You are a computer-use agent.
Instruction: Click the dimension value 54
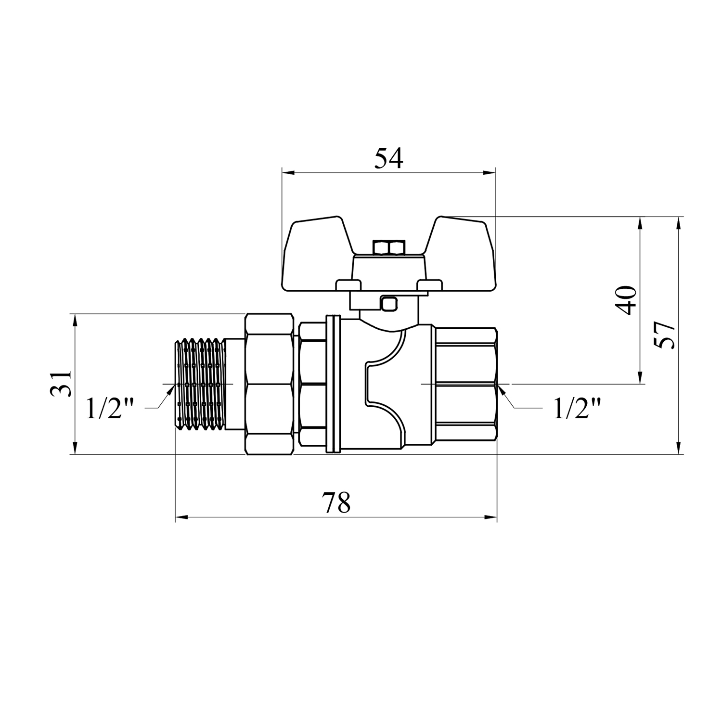[x=388, y=158]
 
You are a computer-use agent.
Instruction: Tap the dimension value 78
[x=336, y=503]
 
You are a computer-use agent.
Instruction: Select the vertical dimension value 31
[x=61, y=384]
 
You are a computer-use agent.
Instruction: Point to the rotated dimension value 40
[x=626, y=300]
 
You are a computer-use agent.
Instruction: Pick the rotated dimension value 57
[x=665, y=335]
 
